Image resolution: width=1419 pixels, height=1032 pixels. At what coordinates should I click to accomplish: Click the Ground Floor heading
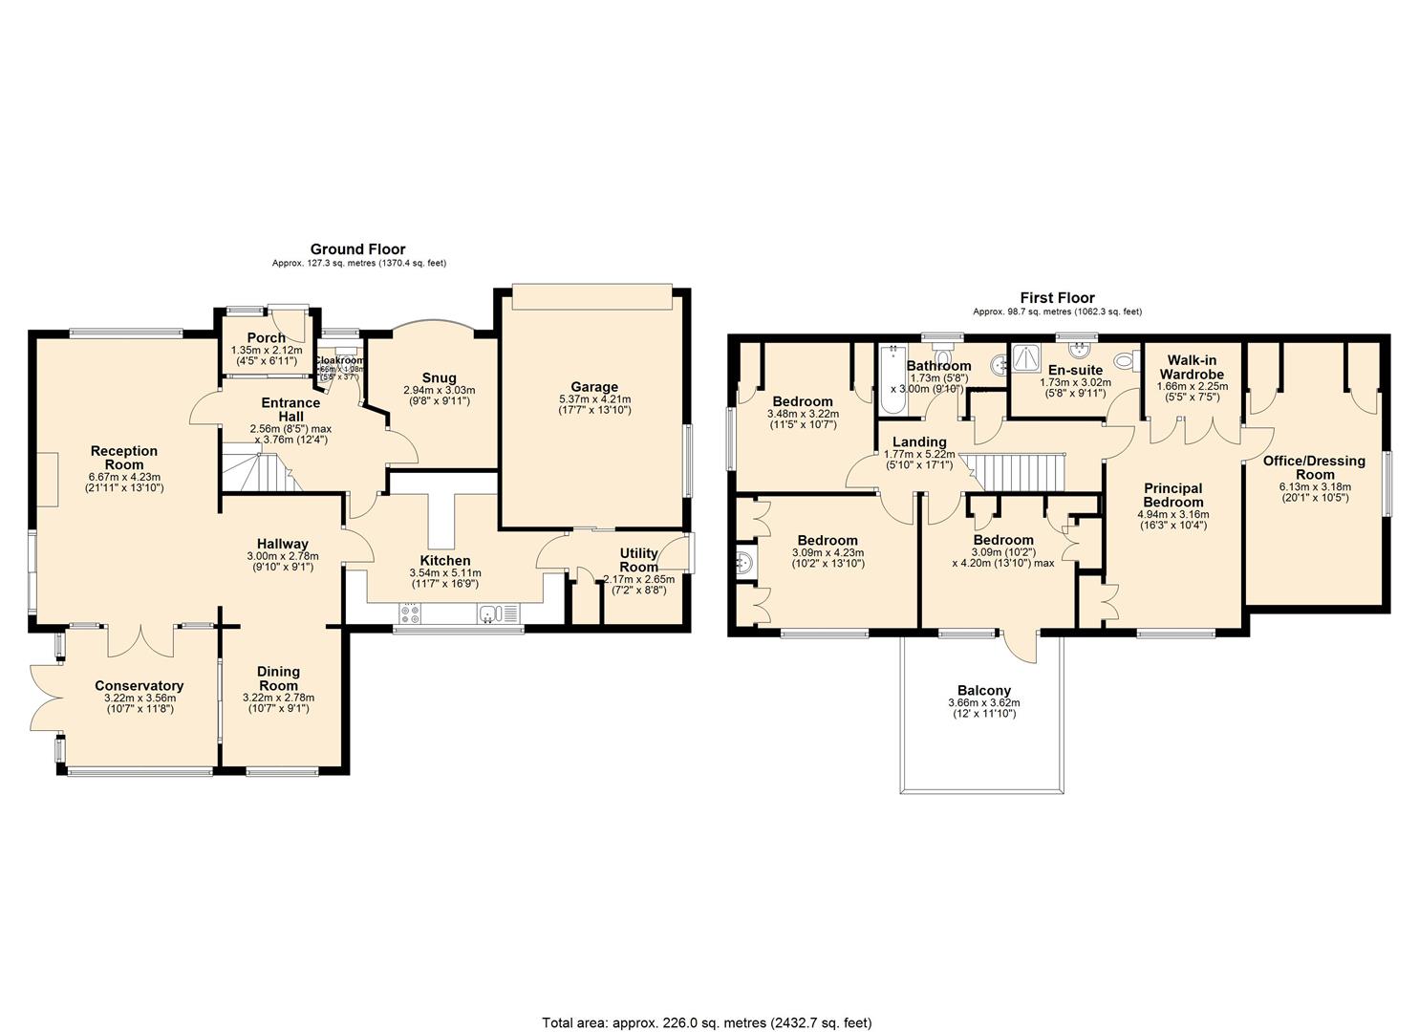pyautogui.click(x=358, y=249)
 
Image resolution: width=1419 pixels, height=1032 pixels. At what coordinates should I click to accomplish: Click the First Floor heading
pyautogui.click(x=1057, y=298)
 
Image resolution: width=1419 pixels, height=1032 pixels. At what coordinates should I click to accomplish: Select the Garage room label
pyautogui.click(x=594, y=387)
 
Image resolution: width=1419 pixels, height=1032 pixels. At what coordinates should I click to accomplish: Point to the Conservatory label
pyautogui.click(x=140, y=685)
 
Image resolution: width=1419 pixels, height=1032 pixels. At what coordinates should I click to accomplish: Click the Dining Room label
pyautogui.click(x=278, y=678)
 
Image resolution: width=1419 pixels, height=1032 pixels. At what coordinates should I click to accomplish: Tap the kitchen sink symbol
pyautogui.click(x=493, y=613)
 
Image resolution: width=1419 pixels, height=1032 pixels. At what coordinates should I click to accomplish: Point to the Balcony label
pyautogui.click(x=983, y=690)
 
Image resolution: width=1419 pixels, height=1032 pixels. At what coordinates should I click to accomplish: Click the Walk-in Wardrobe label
pyautogui.click(x=1189, y=367)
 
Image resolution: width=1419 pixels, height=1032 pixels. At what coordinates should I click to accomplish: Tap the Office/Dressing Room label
pyautogui.click(x=1314, y=467)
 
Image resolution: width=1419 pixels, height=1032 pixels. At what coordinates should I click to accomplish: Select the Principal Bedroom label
pyautogui.click(x=1172, y=495)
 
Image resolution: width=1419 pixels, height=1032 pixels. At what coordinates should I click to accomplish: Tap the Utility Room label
pyautogui.click(x=638, y=560)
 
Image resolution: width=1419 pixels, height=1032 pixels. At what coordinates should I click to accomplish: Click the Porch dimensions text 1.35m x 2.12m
pyautogui.click(x=267, y=351)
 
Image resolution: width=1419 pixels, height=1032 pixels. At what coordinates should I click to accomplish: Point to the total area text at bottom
pyautogui.click(x=707, y=1022)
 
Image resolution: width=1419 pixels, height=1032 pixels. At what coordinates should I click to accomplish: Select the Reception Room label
pyautogui.click(x=124, y=458)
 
